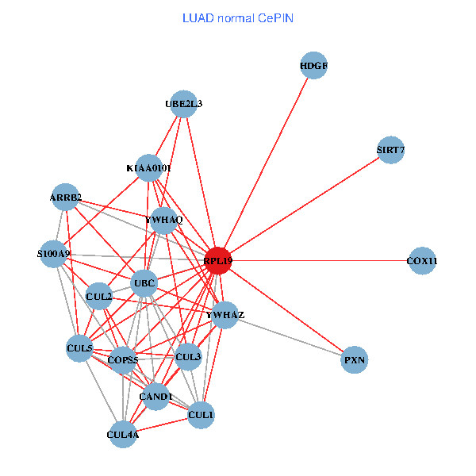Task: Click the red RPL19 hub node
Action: [217, 261]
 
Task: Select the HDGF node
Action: [314, 66]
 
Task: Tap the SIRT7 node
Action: [391, 149]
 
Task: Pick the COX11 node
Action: [422, 261]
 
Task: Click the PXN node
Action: [355, 359]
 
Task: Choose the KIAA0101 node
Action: [149, 168]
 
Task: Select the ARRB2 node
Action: [66, 198]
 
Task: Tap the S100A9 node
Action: [53, 254]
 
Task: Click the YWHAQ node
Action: [163, 220]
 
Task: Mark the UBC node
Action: [144, 283]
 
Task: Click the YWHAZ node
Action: [225, 315]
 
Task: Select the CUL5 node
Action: [79, 347]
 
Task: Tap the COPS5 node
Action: [124, 360]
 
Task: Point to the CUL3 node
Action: [189, 357]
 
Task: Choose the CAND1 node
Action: [155, 396]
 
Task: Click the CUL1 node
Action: [201, 414]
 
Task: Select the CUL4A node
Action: [123, 434]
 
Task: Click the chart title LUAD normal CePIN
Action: [238, 17]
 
